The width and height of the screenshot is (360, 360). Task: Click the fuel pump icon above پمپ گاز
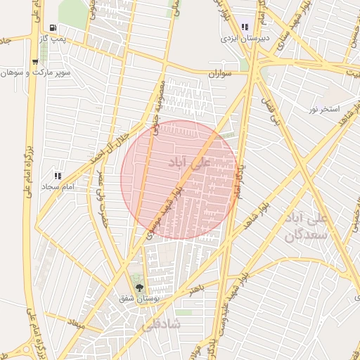54,27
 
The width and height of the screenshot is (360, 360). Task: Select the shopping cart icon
34,62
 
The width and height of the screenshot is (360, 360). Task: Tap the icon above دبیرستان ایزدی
245,28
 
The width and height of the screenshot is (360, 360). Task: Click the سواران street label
221,73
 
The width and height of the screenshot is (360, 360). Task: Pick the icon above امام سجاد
58,176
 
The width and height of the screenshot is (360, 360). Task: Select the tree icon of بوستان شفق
139,287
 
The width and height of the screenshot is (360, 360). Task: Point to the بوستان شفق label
139,298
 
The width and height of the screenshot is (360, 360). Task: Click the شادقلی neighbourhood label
161,326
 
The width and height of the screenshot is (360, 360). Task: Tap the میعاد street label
75,325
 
